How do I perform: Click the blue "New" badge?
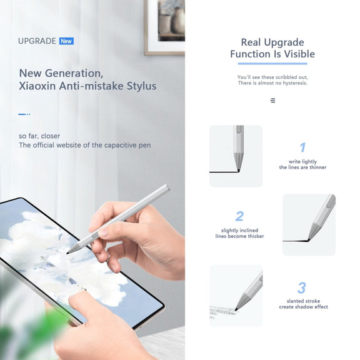click(x=66, y=41)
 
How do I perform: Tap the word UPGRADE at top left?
click(x=37, y=41)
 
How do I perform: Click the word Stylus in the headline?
click(x=142, y=86)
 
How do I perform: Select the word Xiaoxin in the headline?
click(x=37, y=86)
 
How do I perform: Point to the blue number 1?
click(x=303, y=147)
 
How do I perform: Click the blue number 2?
click(x=239, y=216)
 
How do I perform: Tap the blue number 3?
click(x=302, y=287)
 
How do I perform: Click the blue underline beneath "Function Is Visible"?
click(x=272, y=64)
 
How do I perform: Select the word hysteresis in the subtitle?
click(x=295, y=83)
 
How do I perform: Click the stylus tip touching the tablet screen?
click(x=68, y=253)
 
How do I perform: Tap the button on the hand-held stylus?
click(x=94, y=236)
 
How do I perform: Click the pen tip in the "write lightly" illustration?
click(x=238, y=171)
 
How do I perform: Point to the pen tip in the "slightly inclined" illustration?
click(x=309, y=240)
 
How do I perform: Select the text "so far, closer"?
click(x=39, y=136)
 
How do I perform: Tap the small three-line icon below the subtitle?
click(x=272, y=101)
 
